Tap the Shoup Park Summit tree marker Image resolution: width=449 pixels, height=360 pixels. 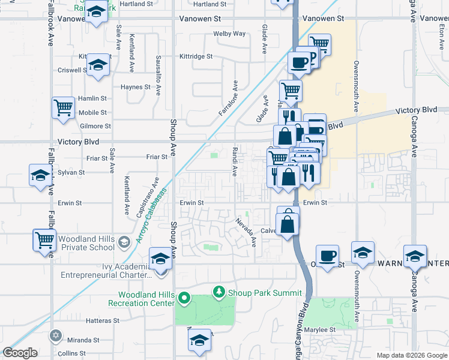click(x=220, y=292)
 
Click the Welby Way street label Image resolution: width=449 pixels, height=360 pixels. click(x=230, y=34)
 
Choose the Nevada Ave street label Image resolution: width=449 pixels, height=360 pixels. click(x=246, y=233)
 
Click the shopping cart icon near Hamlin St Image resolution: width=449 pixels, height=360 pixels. click(x=63, y=108)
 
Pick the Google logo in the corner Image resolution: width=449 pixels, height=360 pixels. click(x=20, y=353)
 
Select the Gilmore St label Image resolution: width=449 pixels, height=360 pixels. click(x=95, y=126)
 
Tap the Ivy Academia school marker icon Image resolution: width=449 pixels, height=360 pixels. click(x=160, y=259)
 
